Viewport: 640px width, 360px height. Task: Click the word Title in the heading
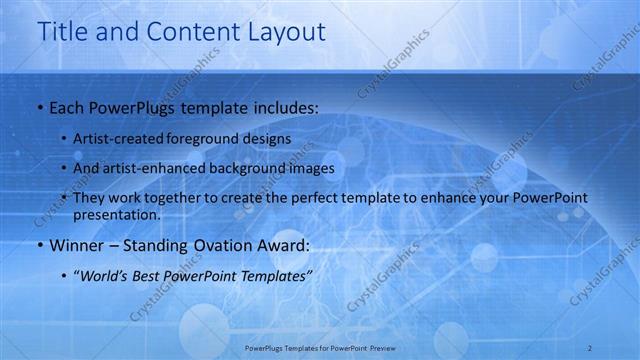point(62,32)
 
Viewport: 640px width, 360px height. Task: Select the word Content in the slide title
point(191,32)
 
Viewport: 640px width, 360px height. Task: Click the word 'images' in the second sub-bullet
point(311,168)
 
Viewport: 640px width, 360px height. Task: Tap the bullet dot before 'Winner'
point(39,246)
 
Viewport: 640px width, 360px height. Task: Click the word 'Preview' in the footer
point(379,348)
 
